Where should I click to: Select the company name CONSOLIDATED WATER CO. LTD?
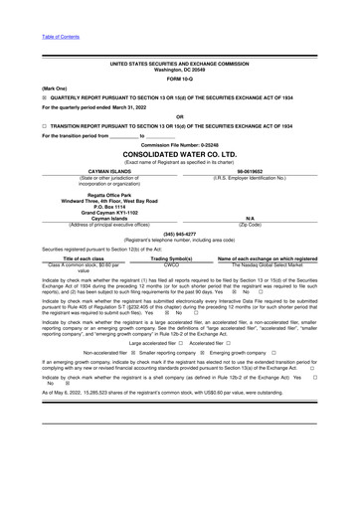(180, 155)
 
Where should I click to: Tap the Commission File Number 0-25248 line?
(180, 145)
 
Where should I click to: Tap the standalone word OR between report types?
(180, 117)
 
